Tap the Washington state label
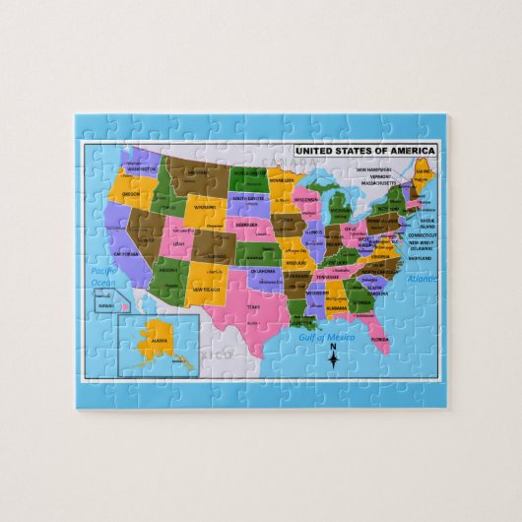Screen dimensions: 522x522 [141, 168]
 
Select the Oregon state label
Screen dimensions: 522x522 [131, 194]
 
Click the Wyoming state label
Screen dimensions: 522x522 [204, 208]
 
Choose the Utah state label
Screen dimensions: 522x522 [177, 241]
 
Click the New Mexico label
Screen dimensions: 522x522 [207, 290]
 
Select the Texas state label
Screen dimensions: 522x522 [253, 307]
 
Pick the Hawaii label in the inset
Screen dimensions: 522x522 [106, 305]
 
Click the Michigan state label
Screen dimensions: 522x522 [339, 210]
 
